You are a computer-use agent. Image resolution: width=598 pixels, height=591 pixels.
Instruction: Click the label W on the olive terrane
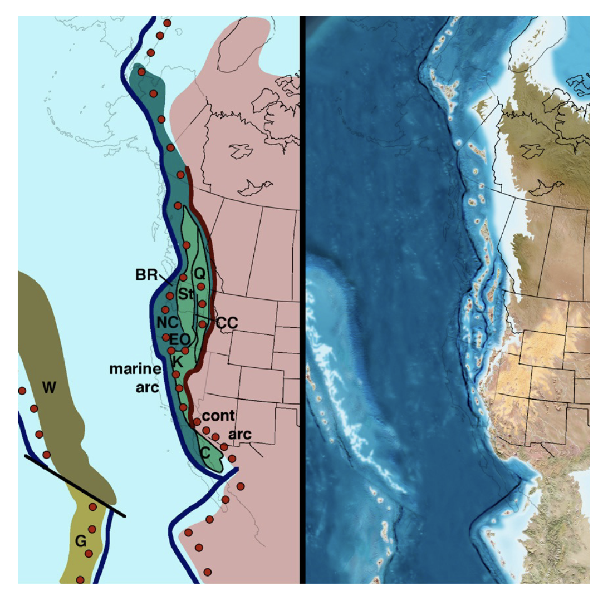click(49, 388)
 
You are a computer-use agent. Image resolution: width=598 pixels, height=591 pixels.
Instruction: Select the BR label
click(145, 275)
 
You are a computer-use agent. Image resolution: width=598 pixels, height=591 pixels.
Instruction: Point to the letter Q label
click(199, 273)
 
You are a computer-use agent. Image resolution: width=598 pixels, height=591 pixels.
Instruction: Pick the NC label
click(166, 322)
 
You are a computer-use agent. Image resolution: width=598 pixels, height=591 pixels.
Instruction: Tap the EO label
click(180, 339)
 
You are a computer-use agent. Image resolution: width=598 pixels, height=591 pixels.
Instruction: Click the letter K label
click(178, 361)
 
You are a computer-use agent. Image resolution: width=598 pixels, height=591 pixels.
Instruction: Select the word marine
click(135, 368)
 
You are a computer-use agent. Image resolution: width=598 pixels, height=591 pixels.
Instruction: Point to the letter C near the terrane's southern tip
click(205, 453)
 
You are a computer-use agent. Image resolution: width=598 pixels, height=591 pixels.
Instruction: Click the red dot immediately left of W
click(22, 391)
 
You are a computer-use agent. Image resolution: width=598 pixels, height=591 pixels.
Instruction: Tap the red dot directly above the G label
click(92, 529)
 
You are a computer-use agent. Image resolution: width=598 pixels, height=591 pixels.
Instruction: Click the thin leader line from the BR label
click(164, 279)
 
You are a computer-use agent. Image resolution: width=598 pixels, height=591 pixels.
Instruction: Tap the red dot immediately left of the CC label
click(203, 323)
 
